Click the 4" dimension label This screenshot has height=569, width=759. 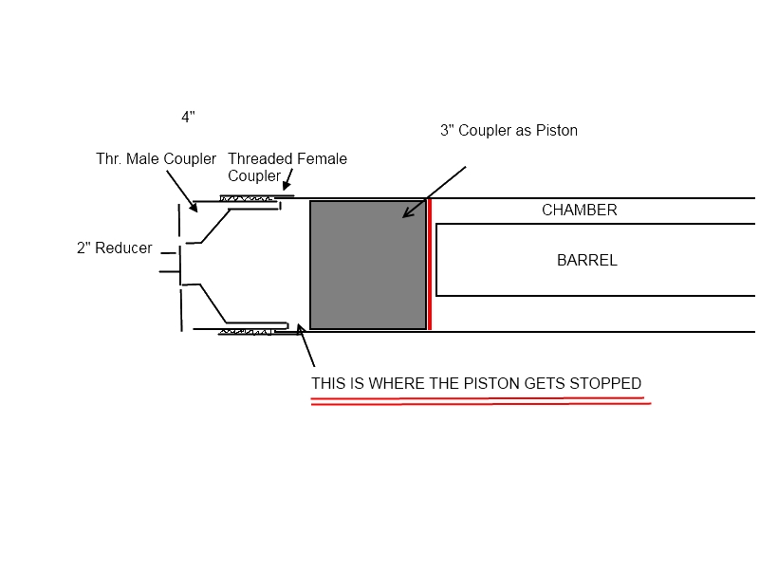pyautogui.click(x=188, y=118)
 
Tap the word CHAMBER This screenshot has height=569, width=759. pyautogui.click(x=579, y=211)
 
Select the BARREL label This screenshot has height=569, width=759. pyautogui.click(x=586, y=260)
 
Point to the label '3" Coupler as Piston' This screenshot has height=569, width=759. pyautogui.click(x=509, y=131)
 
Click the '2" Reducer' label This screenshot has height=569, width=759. pyautogui.click(x=114, y=248)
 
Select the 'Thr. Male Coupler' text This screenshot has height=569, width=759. pyautogui.click(x=156, y=158)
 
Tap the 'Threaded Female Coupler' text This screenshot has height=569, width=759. pyautogui.click(x=287, y=167)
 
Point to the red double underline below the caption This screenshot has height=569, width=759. pyautogui.click(x=481, y=402)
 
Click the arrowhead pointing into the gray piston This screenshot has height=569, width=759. pyautogui.click(x=406, y=213)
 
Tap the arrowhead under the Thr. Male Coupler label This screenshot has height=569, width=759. pyautogui.click(x=194, y=207)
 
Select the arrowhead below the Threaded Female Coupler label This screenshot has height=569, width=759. pyautogui.click(x=285, y=187)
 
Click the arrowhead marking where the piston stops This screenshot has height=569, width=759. pyautogui.click(x=301, y=329)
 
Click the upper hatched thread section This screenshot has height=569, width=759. pyautogui.click(x=249, y=198)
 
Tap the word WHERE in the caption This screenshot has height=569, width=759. pyautogui.click(x=375, y=384)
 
